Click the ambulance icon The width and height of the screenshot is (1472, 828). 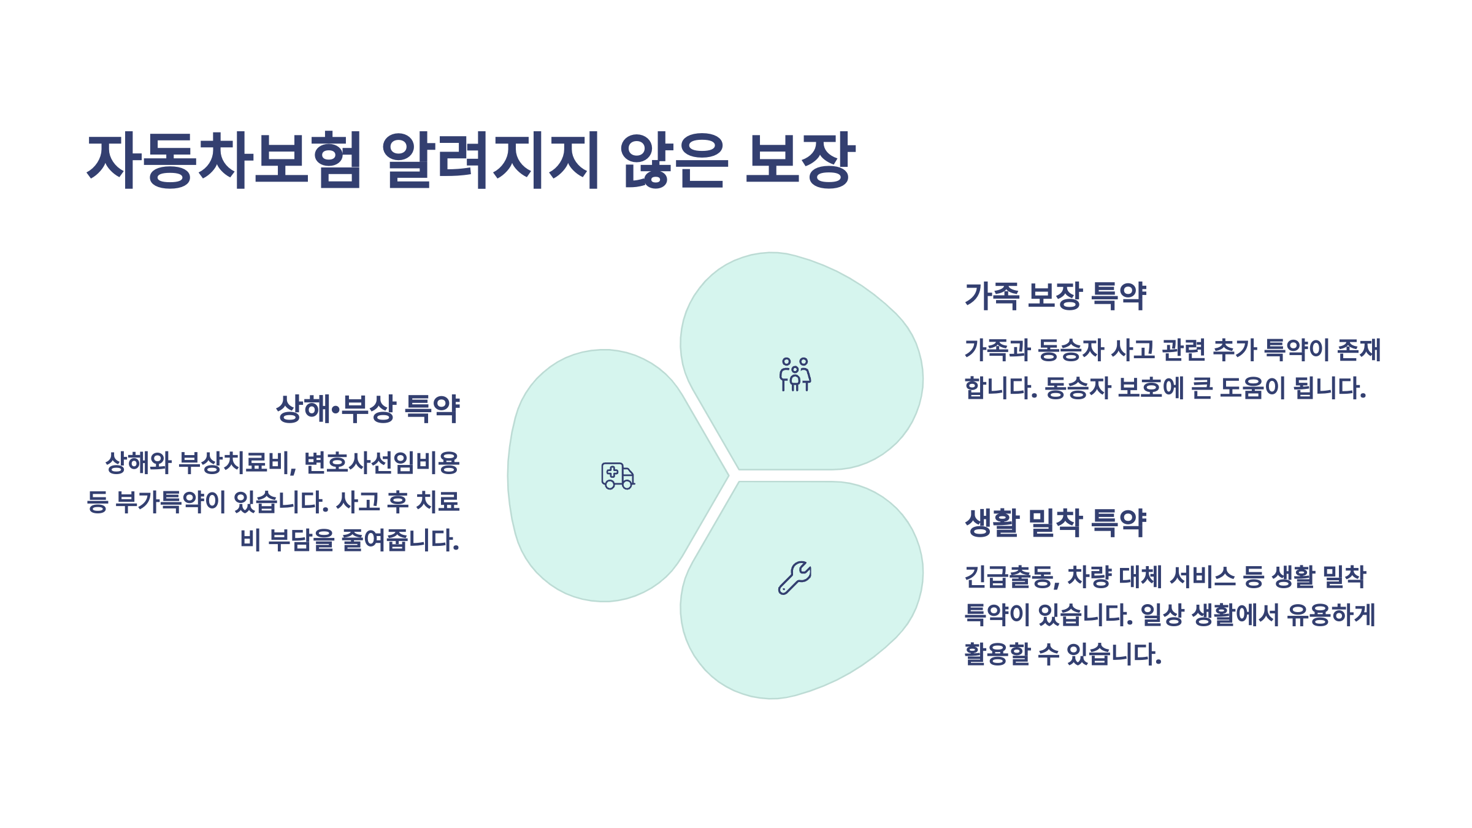(x=618, y=476)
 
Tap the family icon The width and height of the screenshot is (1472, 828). (x=795, y=375)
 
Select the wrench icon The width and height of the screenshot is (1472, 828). (x=795, y=578)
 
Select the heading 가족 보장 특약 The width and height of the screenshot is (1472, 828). (x=1055, y=296)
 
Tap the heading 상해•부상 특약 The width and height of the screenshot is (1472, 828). (x=368, y=409)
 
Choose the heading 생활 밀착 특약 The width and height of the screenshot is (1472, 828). (x=1055, y=523)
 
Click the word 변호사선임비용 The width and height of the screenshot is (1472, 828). (x=381, y=463)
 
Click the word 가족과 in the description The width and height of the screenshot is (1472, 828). (x=997, y=350)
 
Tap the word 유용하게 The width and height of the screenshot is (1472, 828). (x=1331, y=615)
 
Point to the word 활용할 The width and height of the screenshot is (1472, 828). (x=997, y=654)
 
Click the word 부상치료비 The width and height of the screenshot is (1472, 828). (x=235, y=463)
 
